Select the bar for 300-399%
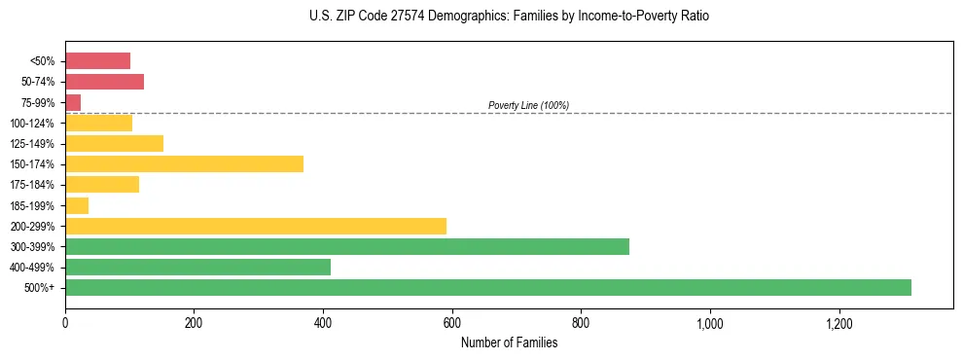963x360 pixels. click(347, 246)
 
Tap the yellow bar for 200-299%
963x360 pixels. click(256, 226)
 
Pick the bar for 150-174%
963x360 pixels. click(184, 163)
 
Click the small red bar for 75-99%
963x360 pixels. click(73, 102)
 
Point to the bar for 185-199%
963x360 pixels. click(77, 205)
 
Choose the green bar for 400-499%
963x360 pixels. click(197, 267)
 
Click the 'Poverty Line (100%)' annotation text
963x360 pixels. click(528, 105)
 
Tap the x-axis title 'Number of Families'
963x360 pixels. click(509, 342)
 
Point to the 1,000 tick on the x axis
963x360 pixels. click(709, 322)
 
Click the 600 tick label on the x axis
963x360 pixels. click(451, 322)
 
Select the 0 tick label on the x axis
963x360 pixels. click(65, 322)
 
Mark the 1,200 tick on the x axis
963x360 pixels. click(838, 322)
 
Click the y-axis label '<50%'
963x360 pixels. click(43, 61)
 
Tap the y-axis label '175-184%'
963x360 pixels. click(34, 185)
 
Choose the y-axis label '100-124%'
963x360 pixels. click(34, 124)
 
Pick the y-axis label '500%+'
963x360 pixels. click(40, 288)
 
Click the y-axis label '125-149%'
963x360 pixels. click(34, 144)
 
